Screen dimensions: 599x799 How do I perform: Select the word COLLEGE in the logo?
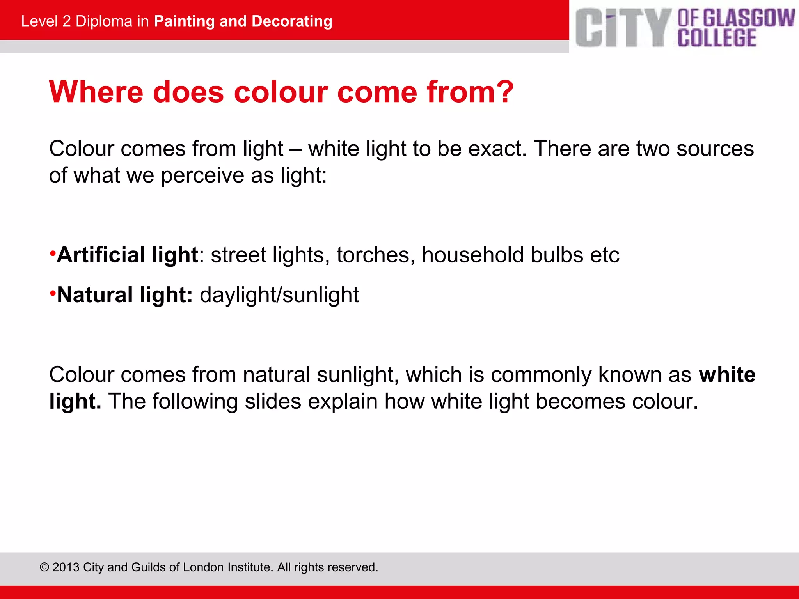click(717, 38)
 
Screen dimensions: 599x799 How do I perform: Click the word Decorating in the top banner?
click(292, 21)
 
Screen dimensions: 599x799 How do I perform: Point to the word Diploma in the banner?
click(104, 21)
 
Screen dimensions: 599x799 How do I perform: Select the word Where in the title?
click(96, 92)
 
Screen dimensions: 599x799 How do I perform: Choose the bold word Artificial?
click(101, 255)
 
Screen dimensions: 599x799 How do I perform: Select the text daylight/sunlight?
click(279, 295)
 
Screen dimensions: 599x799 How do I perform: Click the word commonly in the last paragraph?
click(541, 375)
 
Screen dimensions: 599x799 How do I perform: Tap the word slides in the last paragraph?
click(273, 401)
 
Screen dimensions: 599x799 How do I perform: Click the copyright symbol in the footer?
click(44, 567)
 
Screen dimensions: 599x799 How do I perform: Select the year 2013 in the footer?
click(66, 567)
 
